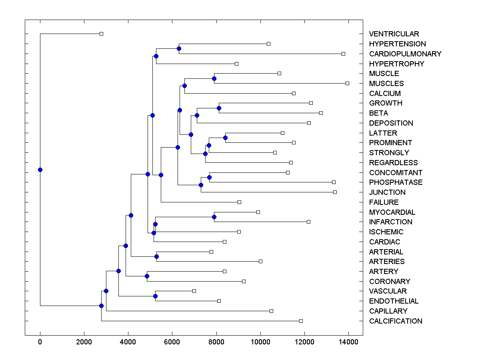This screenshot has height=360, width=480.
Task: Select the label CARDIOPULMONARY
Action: (405, 54)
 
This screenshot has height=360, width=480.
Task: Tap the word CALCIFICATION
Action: (396, 321)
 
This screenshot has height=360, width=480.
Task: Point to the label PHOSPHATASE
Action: (396, 182)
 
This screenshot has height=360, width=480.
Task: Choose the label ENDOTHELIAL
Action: (394, 301)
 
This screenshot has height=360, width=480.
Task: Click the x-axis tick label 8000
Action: (216, 341)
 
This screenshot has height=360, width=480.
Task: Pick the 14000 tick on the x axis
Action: (348, 341)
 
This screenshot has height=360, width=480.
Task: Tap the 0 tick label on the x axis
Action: (40, 341)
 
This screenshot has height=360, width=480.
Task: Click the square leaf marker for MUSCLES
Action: (347, 83)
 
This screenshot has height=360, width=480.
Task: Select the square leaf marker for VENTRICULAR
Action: (101, 34)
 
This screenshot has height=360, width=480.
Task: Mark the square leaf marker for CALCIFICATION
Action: (301, 321)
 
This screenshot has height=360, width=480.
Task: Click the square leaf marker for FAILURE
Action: (239, 202)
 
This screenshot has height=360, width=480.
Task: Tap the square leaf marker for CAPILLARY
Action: (271, 311)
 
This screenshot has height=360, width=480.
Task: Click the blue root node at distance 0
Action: (40, 170)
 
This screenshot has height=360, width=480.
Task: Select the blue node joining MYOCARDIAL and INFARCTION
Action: (214, 217)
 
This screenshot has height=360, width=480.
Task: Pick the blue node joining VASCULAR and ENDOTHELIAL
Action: (155, 296)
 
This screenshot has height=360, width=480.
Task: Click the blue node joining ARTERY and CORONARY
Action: (147, 276)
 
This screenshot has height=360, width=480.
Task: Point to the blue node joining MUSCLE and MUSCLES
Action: (214, 78)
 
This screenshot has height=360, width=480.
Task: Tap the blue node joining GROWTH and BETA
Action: (219, 108)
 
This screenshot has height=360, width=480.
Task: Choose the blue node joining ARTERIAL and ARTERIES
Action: (156, 256)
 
